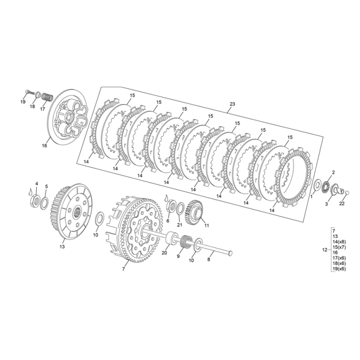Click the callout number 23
coord(233,104)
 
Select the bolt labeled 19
coord(30,92)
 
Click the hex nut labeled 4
coord(35,200)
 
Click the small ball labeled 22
coord(347,192)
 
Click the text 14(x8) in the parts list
coord(339,242)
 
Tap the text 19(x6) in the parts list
coord(339,269)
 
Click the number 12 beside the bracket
coord(325,250)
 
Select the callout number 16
coord(44,145)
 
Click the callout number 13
coord(62,247)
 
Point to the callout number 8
coord(208,259)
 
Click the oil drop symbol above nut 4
coord(31,192)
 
